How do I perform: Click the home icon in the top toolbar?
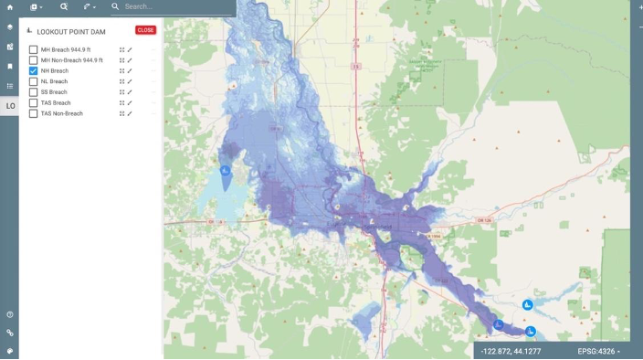click(10, 6)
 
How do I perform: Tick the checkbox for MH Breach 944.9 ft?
click(34, 49)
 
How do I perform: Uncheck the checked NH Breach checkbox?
click(34, 70)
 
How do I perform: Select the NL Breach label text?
click(54, 81)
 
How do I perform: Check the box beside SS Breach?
click(34, 92)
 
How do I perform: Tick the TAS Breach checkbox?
click(34, 103)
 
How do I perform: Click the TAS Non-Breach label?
click(62, 114)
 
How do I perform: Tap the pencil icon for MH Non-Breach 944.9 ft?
click(130, 60)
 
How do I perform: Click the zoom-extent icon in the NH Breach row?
click(121, 70)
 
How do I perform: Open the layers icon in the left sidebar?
click(10, 27)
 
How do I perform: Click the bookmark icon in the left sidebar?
click(10, 67)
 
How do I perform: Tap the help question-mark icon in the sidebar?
click(10, 314)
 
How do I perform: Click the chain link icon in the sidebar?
click(10, 333)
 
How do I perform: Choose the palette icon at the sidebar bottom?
click(10, 351)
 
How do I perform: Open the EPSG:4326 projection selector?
click(599, 351)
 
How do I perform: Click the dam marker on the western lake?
click(226, 170)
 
